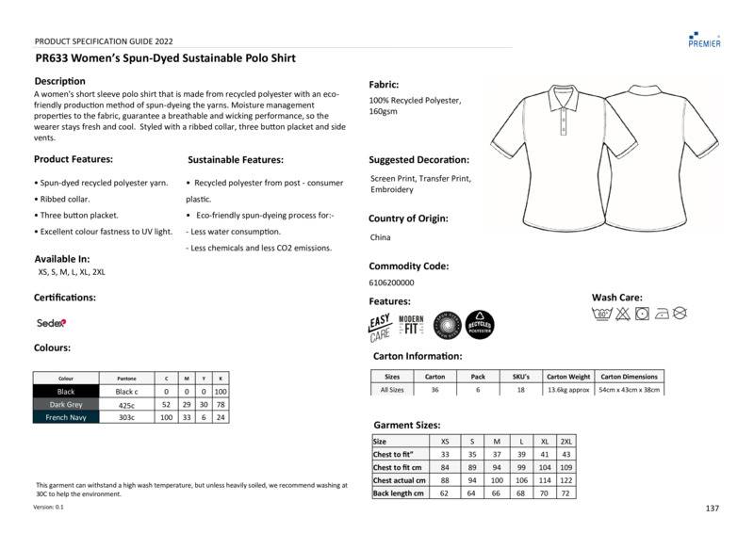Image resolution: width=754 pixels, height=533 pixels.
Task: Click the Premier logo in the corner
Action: pos(704,39)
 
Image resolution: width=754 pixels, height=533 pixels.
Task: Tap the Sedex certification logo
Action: pos(51,322)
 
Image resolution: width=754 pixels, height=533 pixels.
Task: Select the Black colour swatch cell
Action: pos(65,391)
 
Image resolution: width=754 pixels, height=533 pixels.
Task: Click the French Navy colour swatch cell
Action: pos(65,417)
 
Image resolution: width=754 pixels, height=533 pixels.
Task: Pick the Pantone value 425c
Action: pos(126,404)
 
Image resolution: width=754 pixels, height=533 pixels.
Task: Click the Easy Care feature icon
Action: pos(380,327)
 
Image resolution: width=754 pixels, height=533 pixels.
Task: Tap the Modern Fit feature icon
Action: pos(411,326)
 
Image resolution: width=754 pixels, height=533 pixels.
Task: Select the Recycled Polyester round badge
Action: pos(479,326)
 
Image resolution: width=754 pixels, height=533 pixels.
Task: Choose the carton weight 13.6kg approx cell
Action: pos(568,389)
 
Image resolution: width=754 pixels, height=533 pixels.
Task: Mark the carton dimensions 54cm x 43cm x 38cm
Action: pos(630,389)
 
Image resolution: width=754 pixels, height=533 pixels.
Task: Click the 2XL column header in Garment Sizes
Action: pos(565,441)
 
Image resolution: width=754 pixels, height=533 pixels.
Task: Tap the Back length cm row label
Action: pos(399,493)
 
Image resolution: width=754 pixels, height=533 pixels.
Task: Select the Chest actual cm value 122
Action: pos(565,480)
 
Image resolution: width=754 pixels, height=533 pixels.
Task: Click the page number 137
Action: pos(712,509)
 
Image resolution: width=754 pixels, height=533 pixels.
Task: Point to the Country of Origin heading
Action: pos(408,218)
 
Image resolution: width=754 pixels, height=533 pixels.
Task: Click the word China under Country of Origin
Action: pos(380,237)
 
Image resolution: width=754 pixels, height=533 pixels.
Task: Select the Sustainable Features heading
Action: pos(236,160)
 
